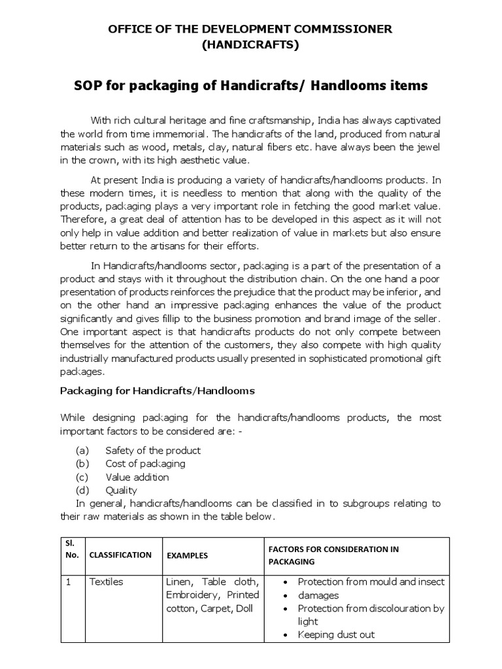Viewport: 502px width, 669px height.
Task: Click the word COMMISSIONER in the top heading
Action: click(336, 29)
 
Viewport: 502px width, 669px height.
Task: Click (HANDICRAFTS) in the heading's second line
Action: click(250, 45)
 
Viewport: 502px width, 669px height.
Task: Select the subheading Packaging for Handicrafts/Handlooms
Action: click(158, 391)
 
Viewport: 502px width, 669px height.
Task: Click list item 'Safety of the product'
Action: click(153, 450)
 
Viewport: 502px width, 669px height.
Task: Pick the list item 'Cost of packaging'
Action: click(145, 463)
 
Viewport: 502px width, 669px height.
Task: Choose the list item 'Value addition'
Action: click(137, 477)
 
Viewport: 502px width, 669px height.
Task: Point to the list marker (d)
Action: click(82, 490)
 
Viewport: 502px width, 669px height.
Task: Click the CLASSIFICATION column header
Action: click(120, 555)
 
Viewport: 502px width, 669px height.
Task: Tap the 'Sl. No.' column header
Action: click(72, 549)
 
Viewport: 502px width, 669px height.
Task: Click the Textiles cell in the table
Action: click(106, 581)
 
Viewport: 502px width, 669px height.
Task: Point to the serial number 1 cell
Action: click(66, 581)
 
